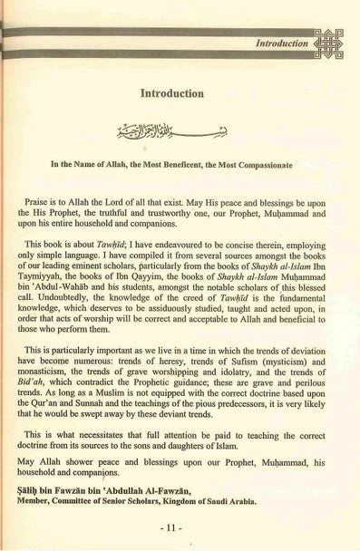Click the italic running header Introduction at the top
(x=284, y=42)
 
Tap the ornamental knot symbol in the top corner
(x=327, y=41)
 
